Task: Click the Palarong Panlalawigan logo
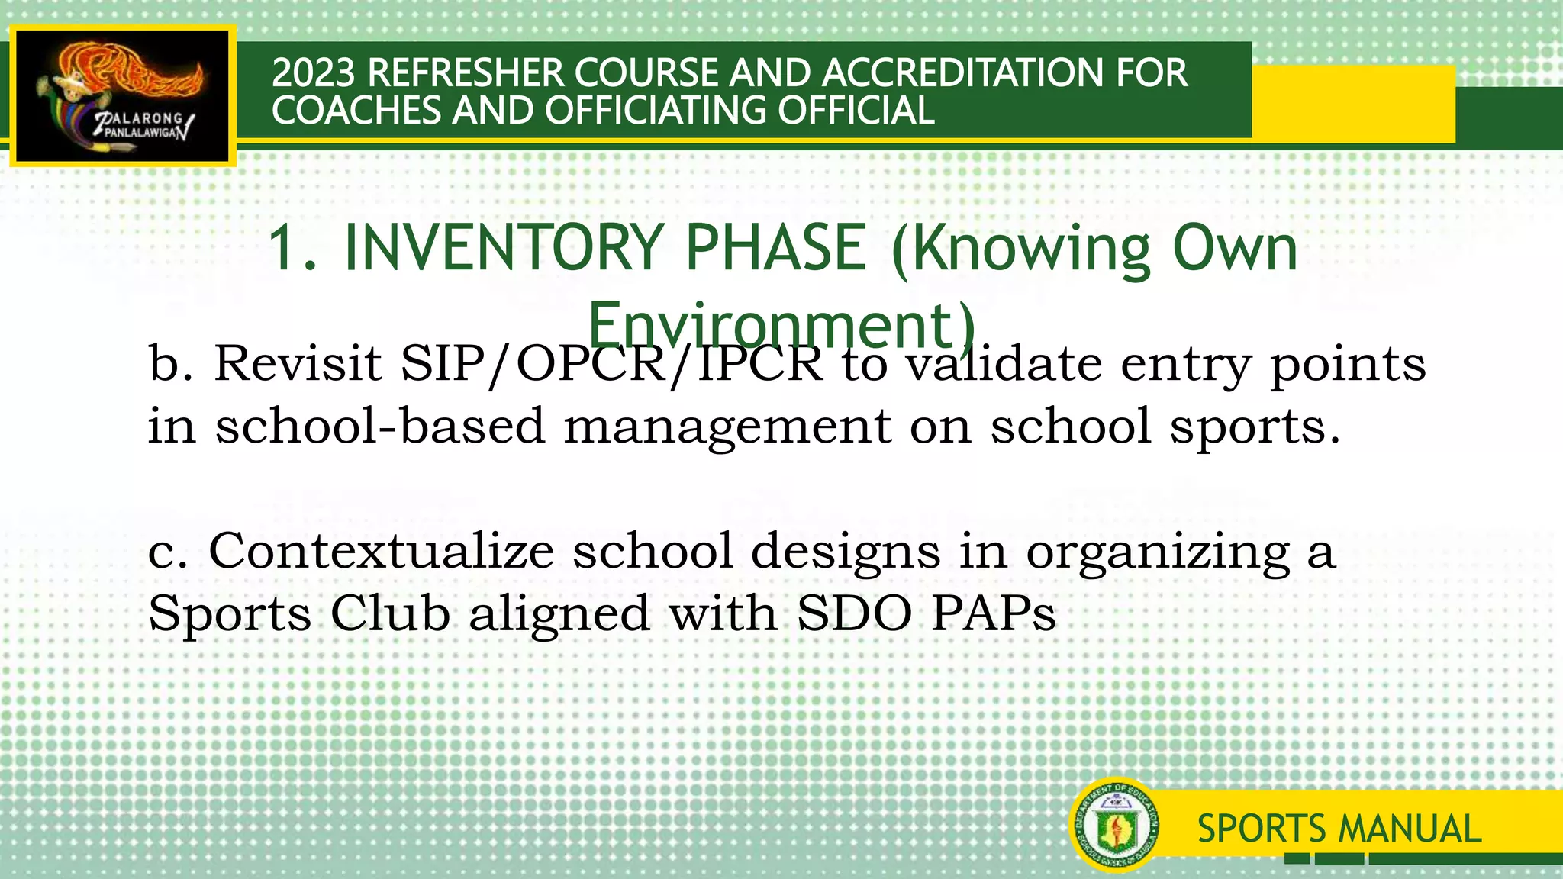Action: pos(123,96)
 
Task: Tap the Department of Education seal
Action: pos(1115,825)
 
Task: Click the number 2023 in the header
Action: pos(314,73)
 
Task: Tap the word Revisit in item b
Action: pos(298,363)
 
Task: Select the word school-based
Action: pos(380,426)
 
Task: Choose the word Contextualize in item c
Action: pos(381,551)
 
